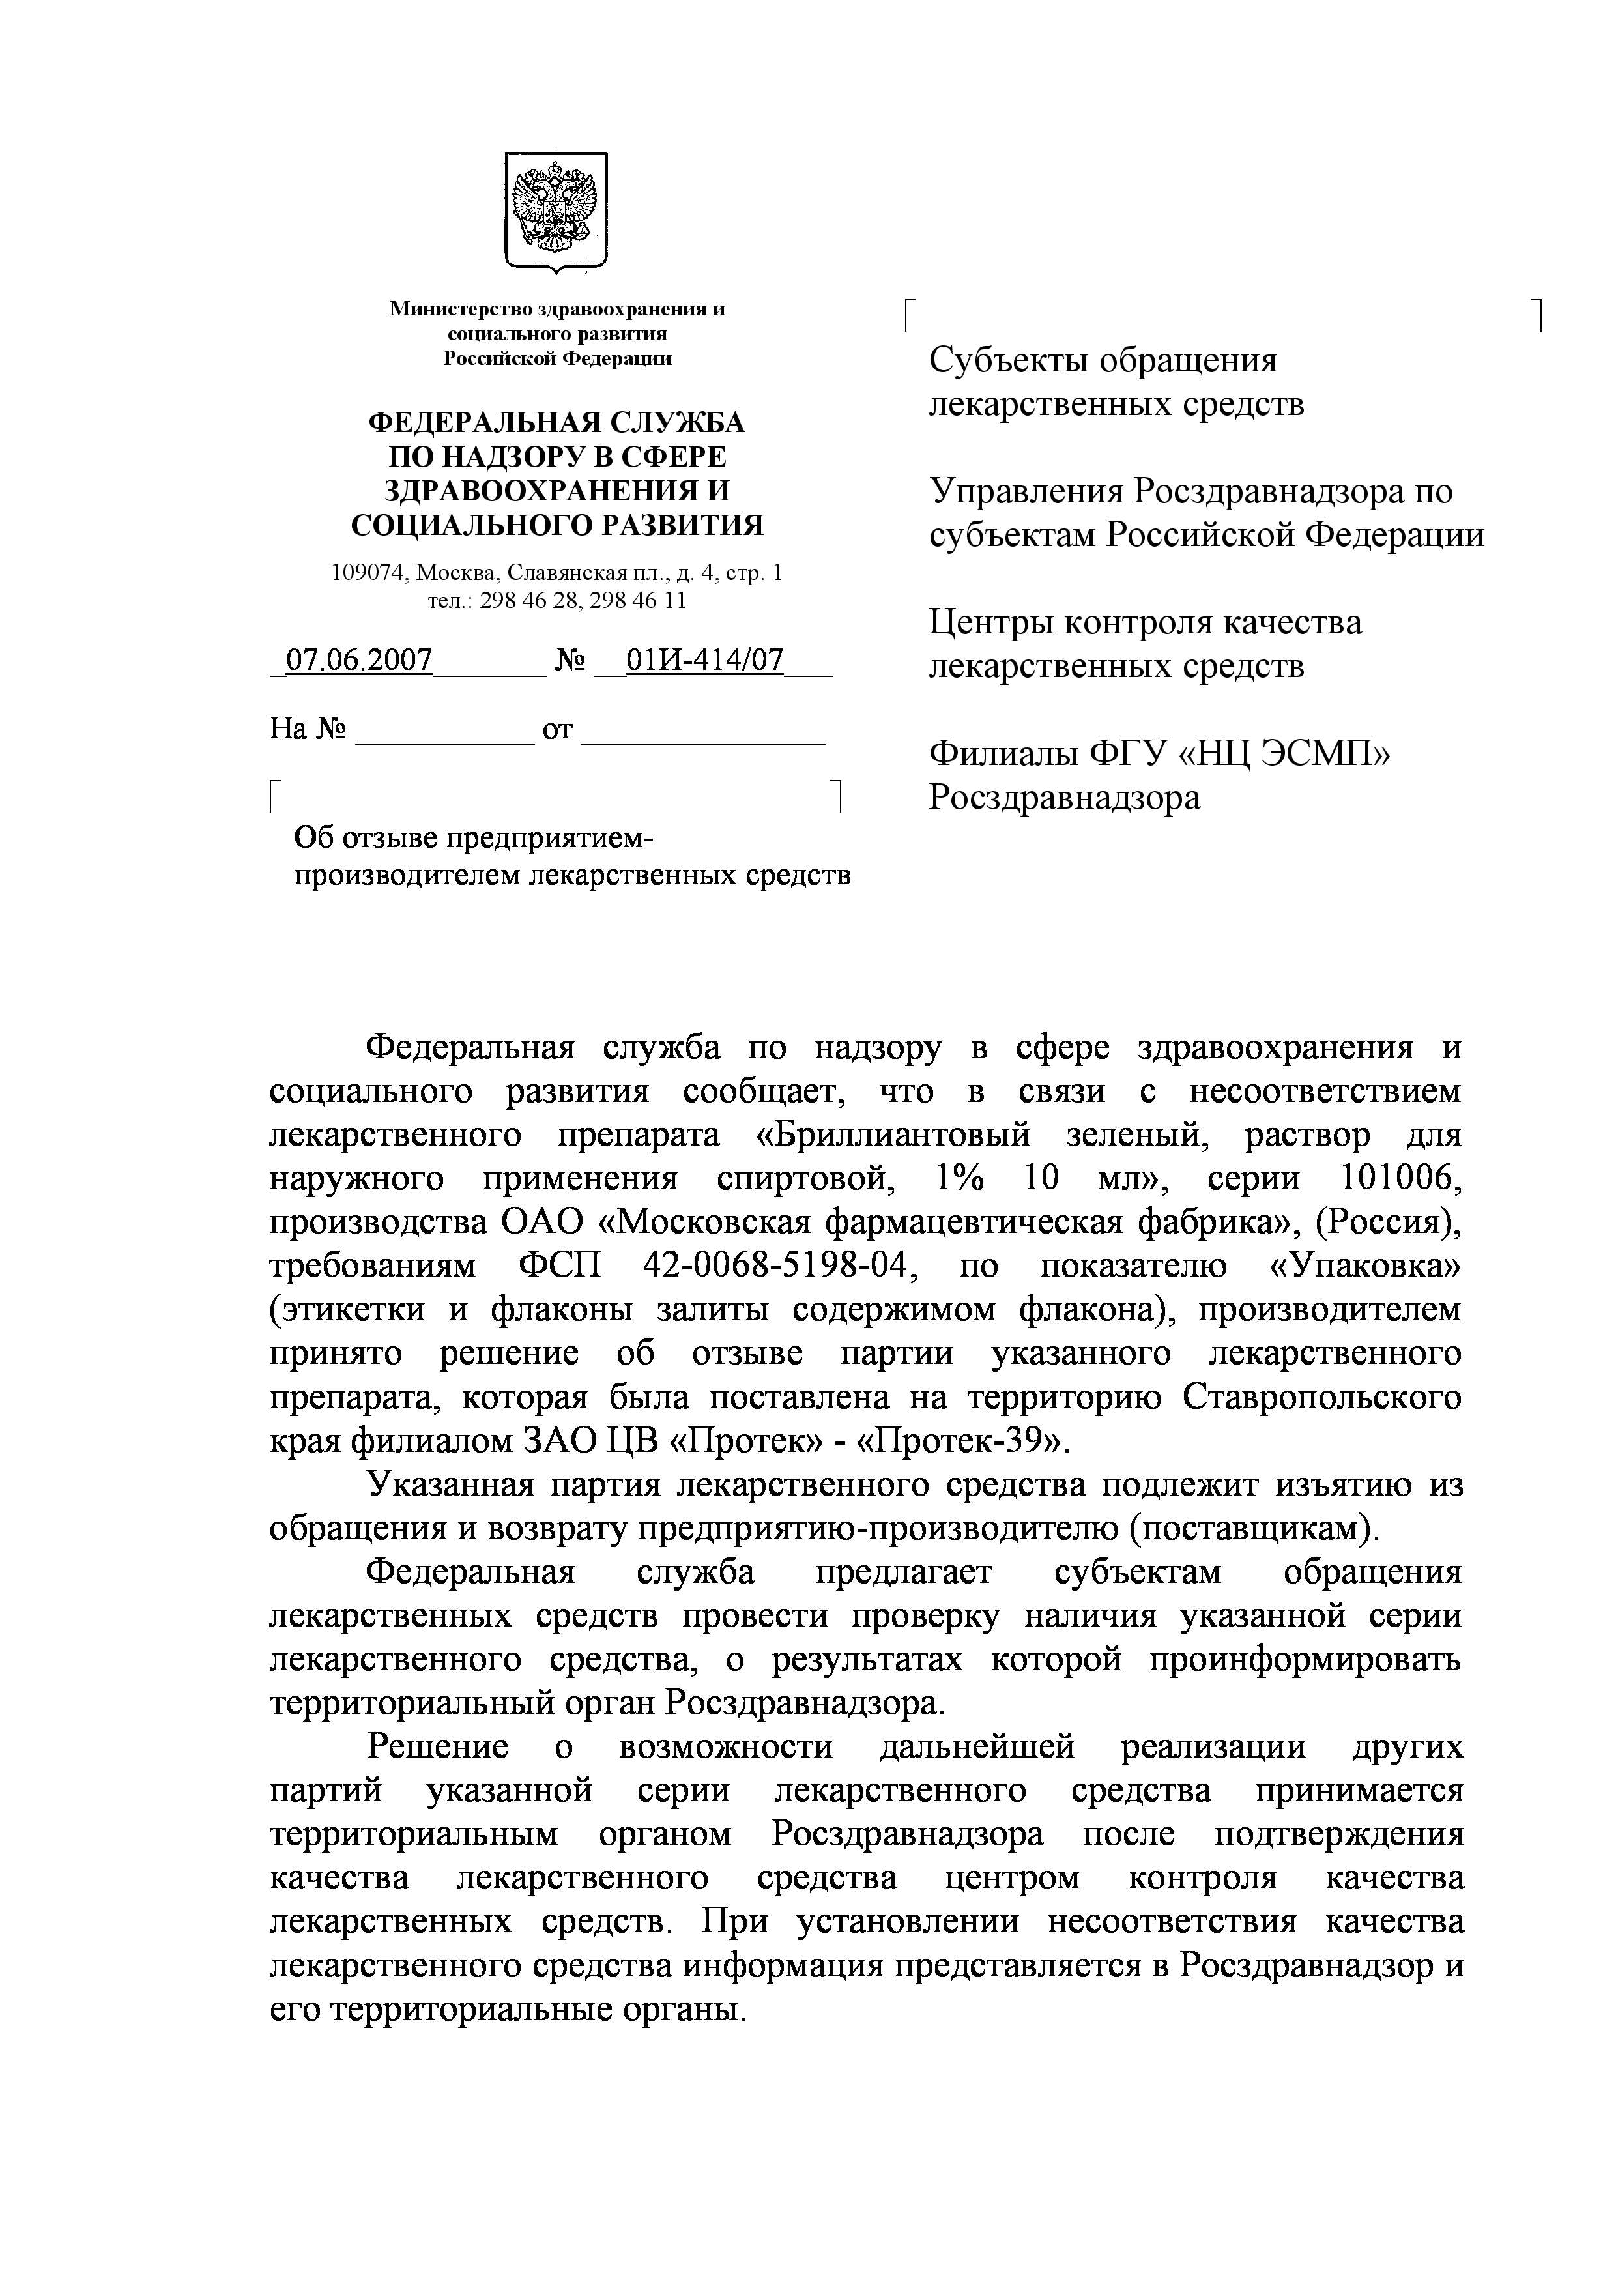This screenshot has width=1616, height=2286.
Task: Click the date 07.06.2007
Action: pos(358,660)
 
